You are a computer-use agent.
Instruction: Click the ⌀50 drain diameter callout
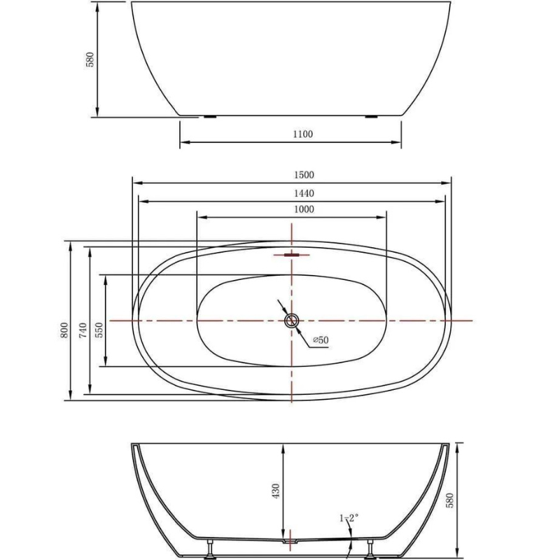320,339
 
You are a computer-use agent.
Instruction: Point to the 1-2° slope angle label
349,518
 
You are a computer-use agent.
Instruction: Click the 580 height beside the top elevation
90,60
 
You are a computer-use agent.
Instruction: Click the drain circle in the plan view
291,321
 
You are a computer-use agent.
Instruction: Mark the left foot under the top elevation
209,118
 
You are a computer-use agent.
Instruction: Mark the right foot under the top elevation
372,118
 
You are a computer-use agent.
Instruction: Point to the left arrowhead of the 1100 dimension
184,143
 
